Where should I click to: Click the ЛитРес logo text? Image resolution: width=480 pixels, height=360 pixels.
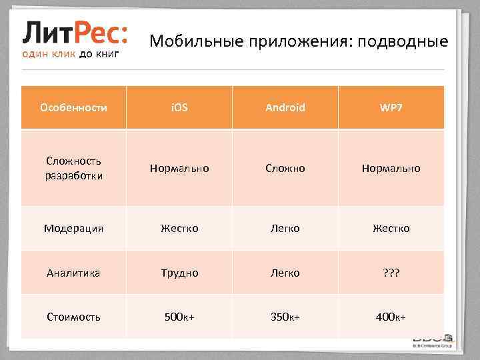[76, 31]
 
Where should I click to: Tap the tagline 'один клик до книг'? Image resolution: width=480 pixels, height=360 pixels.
[71, 54]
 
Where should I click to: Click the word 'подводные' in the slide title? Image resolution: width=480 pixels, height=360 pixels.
[403, 42]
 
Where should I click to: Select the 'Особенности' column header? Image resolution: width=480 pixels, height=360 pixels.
[73, 107]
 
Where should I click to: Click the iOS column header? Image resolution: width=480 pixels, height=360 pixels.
[179, 107]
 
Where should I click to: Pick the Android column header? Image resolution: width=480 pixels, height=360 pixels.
[285, 107]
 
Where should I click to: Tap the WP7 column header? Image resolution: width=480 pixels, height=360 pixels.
[391, 107]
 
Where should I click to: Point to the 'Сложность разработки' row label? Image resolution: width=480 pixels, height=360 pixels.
[73, 168]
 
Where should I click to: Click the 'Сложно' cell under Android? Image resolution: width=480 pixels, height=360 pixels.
[285, 168]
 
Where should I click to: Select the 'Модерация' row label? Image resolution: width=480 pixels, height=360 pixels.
[73, 228]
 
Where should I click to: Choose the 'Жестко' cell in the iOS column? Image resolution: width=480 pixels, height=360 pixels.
[179, 228]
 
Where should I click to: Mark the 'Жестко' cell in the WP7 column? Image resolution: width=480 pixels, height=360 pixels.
[391, 228]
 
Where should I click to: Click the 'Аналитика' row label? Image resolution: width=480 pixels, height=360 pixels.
[73, 273]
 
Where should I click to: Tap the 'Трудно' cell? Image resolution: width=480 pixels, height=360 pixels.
[179, 273]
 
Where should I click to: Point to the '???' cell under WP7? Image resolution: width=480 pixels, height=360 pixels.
[391, 273]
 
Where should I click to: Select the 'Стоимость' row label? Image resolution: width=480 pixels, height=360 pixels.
[73, 317]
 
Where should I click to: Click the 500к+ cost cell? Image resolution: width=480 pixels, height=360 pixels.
[179, 317]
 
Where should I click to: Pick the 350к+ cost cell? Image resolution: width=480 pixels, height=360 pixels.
[285, 317]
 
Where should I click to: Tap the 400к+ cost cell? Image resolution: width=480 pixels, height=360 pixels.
[391, 317]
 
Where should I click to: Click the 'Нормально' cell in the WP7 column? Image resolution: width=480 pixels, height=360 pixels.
[391, 168]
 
